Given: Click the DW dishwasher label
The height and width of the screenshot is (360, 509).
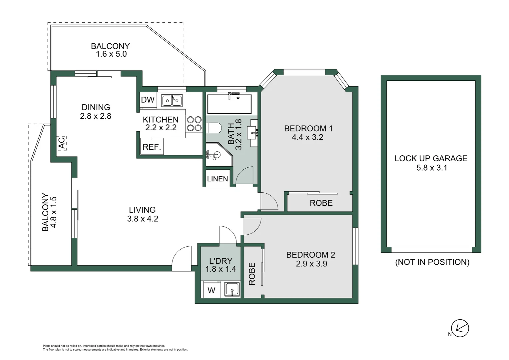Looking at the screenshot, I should click(148, 100).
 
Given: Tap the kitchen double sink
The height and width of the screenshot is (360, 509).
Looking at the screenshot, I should click(172, 100).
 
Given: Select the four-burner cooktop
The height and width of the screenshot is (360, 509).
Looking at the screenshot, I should click(194, 124).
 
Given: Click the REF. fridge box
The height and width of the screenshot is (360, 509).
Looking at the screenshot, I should click(152, 147).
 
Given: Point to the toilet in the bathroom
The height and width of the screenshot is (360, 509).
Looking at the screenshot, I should click(213, 128).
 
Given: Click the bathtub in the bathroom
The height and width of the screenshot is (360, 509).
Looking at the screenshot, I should click(229, 104).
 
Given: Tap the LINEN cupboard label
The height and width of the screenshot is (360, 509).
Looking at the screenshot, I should click(218, 179).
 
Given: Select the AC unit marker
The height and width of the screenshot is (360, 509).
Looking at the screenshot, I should click(62, 143).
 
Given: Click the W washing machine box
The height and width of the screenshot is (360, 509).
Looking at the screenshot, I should click(212, 290).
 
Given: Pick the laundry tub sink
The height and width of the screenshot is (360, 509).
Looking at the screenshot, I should click(232, 289).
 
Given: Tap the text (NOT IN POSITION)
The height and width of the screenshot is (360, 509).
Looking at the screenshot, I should click(432, 262).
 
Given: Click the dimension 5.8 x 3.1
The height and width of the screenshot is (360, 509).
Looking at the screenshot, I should click(431, 168).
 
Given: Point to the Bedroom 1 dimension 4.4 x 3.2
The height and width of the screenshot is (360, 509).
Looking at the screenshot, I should click(307, 137).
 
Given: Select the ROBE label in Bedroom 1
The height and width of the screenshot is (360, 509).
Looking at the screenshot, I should click(321, 203).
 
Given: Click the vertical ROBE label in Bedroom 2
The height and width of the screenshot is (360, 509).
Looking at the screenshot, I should click(252, 274).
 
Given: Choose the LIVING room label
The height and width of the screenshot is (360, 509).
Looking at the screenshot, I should click(142, 210).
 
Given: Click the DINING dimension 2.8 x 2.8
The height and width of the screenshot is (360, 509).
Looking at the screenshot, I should click(96, 116).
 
